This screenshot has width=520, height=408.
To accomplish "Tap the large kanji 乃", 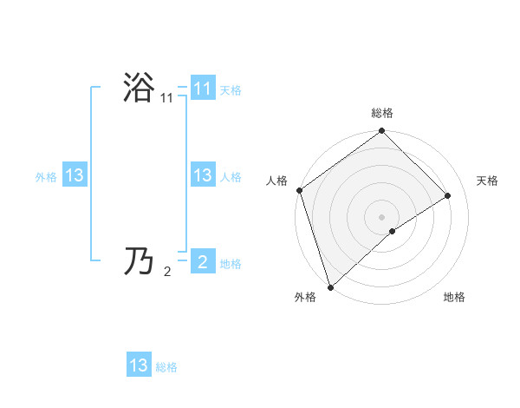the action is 140,260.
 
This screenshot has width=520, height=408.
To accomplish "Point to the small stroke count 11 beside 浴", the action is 166,100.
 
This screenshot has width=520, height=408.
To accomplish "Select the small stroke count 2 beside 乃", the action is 167,272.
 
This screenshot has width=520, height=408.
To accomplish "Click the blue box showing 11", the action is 202,89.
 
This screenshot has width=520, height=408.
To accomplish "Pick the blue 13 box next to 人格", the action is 202,175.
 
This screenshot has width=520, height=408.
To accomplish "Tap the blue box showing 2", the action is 202,261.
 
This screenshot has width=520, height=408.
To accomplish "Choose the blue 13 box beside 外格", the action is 75,175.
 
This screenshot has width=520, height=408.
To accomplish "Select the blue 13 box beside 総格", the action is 139,365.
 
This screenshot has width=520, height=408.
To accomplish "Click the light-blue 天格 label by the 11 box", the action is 231,90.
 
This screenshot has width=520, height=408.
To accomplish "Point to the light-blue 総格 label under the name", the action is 166,367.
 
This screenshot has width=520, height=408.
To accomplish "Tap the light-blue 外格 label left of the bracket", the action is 46,177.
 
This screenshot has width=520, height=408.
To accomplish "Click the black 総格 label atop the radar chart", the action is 382,113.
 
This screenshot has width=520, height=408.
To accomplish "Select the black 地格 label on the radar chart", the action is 454,298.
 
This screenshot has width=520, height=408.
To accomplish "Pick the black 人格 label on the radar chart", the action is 277,181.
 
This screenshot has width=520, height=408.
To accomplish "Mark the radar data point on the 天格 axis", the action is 448,195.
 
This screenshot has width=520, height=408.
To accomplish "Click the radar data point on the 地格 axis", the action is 393,231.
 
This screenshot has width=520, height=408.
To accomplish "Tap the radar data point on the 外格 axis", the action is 330,286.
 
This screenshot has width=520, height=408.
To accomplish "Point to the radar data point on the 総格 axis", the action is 382,132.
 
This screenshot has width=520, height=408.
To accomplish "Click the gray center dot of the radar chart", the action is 382,216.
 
